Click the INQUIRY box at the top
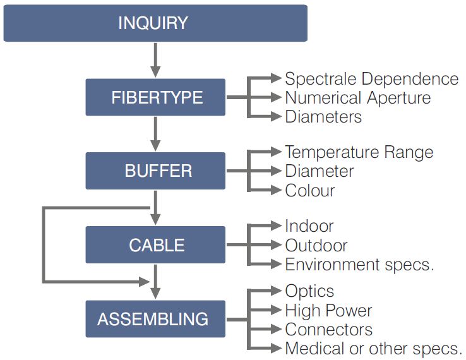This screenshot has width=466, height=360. tap(155, 23)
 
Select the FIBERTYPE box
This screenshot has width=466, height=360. tap(155, 97)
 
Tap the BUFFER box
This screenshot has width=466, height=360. tap(155, 171)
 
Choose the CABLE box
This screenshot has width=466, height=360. tap(155, 244)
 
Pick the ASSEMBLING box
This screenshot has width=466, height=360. tap(155, 319)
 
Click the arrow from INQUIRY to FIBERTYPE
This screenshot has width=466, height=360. tap(155, 60)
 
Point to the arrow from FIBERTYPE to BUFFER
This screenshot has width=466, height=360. tap(155, 134)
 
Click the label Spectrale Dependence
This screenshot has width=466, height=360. tap(372, 79)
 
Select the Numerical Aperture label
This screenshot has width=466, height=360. tap(358, 98)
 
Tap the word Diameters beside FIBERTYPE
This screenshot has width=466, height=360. tap(323, 117)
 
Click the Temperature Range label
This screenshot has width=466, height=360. tap(359, 152)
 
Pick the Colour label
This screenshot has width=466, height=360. tap(310, 190)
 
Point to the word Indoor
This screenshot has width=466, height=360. tap(309, 226)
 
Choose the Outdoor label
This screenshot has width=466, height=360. tap(316, 246)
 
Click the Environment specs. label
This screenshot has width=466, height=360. tap(360, 265)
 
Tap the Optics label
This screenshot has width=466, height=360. tap(309, 291)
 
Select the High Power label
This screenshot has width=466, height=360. tap(328, 311)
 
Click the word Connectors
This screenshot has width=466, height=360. tap(329, 330)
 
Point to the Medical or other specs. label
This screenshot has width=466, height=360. tap(374, 349)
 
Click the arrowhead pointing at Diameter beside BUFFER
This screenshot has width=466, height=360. tap(277, 171)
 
